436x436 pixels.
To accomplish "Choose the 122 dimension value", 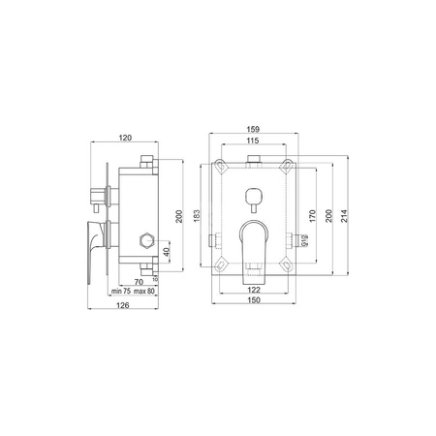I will [x=254, y=290].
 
